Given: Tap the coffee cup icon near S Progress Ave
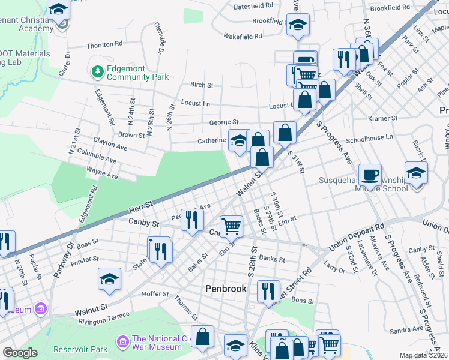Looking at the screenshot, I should [x=370, y=175].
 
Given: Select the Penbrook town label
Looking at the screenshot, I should [x=226, y=289].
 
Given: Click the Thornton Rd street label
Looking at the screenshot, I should [x=104, y=44].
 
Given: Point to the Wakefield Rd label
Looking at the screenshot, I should [x=243, y=36].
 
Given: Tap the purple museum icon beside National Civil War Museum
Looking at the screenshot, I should [x=124, y=342].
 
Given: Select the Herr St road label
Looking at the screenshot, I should [x=142, y=207].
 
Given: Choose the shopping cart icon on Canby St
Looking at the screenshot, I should [x=231, y=226].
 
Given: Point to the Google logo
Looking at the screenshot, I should [x=19, y=353].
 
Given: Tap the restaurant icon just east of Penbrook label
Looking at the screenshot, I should [x=268, y=291].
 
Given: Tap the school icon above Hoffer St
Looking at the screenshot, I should [x=110, y=279].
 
